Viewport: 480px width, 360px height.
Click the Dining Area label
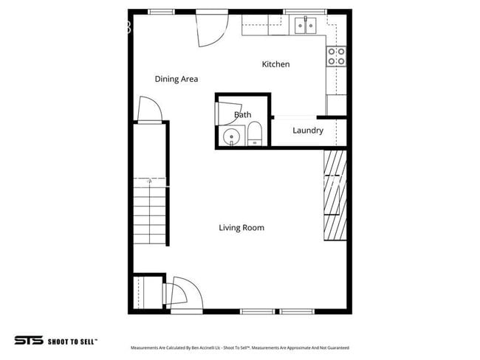[x=176, y=79]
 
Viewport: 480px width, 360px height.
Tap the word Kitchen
[x=275, y=64]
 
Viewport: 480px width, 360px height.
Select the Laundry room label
[x=307, y=131]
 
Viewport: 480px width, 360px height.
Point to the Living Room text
[x=241, y=227]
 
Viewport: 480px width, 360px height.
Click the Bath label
[x=242, y=114]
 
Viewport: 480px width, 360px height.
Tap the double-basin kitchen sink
[x=305, y=26]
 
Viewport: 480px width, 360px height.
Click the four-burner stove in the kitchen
[x=337, y=57]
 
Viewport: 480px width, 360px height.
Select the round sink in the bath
[x=233, y=136]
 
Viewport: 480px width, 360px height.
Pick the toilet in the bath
[x=254, y=135]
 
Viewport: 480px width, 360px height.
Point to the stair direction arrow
[x=150, y=180]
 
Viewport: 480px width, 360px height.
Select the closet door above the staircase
[x=150, y=111]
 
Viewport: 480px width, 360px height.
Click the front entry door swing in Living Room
[x=181, y=293]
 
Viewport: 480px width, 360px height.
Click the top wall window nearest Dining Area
[x=161, y=12]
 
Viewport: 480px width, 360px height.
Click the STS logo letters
[x=27, y=340]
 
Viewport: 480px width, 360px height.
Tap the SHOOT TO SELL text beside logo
[x=72, y=341]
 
